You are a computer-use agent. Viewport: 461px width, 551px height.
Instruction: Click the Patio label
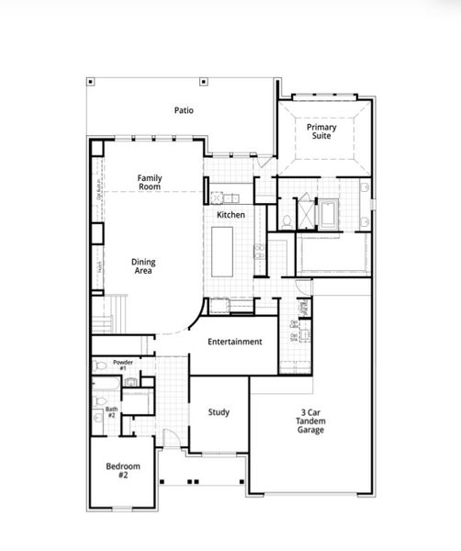tap(184, 110)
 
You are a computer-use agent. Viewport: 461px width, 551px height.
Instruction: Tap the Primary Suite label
tap(321, 132)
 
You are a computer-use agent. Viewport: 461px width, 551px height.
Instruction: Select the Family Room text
tap(150, 182)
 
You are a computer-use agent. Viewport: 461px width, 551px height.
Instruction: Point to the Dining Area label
tap(142, 265)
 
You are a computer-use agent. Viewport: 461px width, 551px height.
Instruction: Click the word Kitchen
tap(230, 215)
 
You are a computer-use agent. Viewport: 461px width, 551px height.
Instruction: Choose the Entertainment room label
tap(234, 342)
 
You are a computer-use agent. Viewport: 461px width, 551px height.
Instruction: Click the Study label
tap(219, 412)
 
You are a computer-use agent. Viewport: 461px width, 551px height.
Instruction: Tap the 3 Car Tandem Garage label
tap(310, 422)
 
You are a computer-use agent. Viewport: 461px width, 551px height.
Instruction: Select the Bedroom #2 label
tap(121, 471)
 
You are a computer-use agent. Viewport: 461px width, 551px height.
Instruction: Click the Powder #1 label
tap(123, 365)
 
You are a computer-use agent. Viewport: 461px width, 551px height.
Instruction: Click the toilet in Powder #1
tap(101, 365)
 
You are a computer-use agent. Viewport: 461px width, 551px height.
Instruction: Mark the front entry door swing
tap(169, 439)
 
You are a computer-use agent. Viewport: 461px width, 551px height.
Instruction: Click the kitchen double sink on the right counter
tap(260, 252)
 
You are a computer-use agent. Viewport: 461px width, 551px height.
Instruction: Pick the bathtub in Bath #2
tap(136, 401)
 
